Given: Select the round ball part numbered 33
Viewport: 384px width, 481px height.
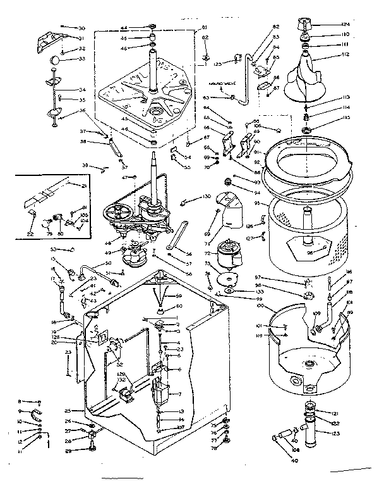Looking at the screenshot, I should click(x=55, y=59).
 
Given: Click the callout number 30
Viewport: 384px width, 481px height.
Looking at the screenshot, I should click(x=81, y=28).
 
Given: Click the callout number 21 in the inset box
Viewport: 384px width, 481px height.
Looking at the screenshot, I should click(x=83, y=185).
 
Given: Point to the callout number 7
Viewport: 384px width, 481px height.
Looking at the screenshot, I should click(x=181, y=394).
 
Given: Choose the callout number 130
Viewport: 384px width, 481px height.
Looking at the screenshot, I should click(x=207, y=197).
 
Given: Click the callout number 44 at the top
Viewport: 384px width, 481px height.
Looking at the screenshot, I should click(x=124, y=28).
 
